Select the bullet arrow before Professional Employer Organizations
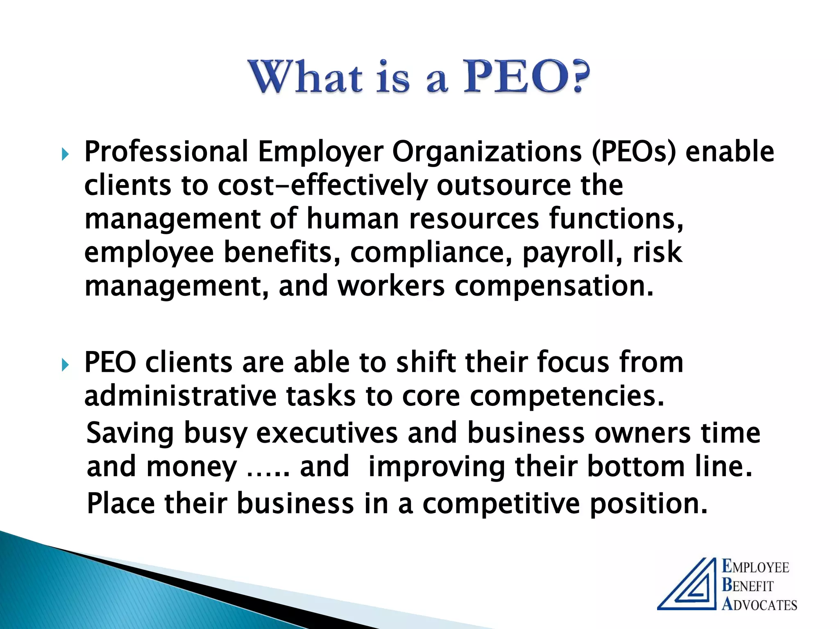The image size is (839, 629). click(65, 154)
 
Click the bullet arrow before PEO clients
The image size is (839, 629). click(65, 365)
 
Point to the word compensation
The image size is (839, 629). click(554, 286)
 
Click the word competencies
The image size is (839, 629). click(567, 396)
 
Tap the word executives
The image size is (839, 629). click(327, 433)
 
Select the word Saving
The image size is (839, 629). click(130, 433)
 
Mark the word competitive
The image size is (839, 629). click(501, 503)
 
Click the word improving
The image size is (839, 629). click(437, 467)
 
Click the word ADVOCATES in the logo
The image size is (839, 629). click(759, 604)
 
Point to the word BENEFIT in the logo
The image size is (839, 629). click(747, 586)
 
